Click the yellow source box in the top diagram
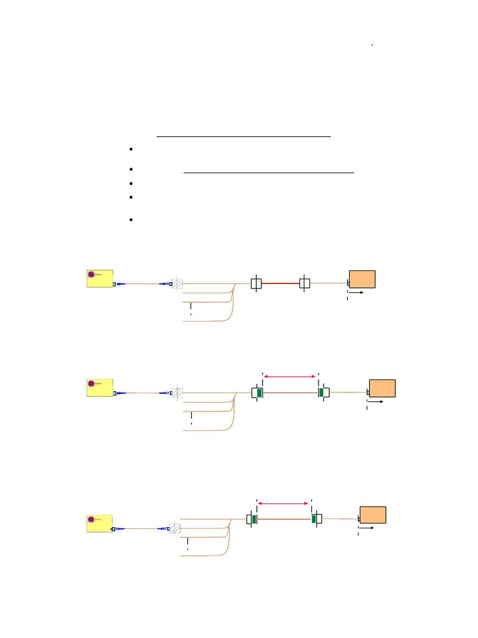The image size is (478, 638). coord(100,278)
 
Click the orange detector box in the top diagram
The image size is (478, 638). coord(362,279)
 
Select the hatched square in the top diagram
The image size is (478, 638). coord(177,283)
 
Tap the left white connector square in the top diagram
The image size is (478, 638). coord(256,283)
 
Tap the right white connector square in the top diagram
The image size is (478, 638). coord(304,283)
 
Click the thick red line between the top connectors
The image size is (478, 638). coord(280,283)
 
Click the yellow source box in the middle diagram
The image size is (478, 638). coord(100,387)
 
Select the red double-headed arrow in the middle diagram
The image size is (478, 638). coord(290,376)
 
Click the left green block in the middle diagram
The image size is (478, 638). coord(258,393)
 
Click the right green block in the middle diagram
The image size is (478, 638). coord(321,392)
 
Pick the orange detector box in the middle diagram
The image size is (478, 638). coord(382,388)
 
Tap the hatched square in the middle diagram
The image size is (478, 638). coord(177,393)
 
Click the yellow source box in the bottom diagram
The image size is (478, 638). coord(100,523)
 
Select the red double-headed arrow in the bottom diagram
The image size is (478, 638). coord(284,503)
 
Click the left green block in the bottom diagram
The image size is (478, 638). coord(254,519)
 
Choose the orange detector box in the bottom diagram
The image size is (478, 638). coord(373,515)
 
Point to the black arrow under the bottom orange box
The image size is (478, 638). coord(367,528)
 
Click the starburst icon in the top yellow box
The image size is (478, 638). coord(91,274)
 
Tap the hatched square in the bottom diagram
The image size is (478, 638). coord(176,528)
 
